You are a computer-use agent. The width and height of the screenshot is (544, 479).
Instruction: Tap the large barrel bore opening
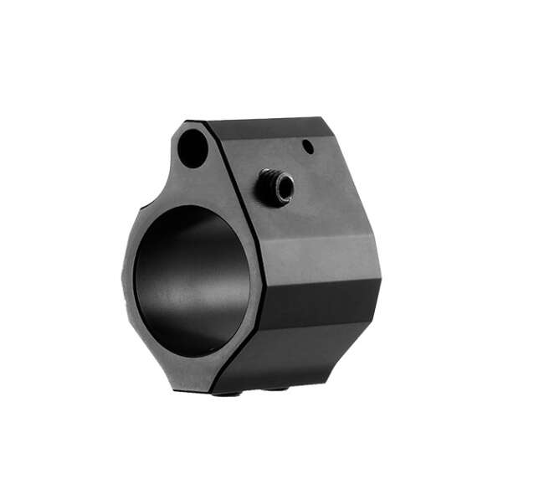click(192, 281)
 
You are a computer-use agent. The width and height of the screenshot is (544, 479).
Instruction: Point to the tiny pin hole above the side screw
click(308, 147)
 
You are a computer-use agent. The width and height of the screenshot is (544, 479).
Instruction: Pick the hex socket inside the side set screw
click(281, 188)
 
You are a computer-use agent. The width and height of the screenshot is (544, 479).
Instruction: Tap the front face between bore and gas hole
click(197, 184)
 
